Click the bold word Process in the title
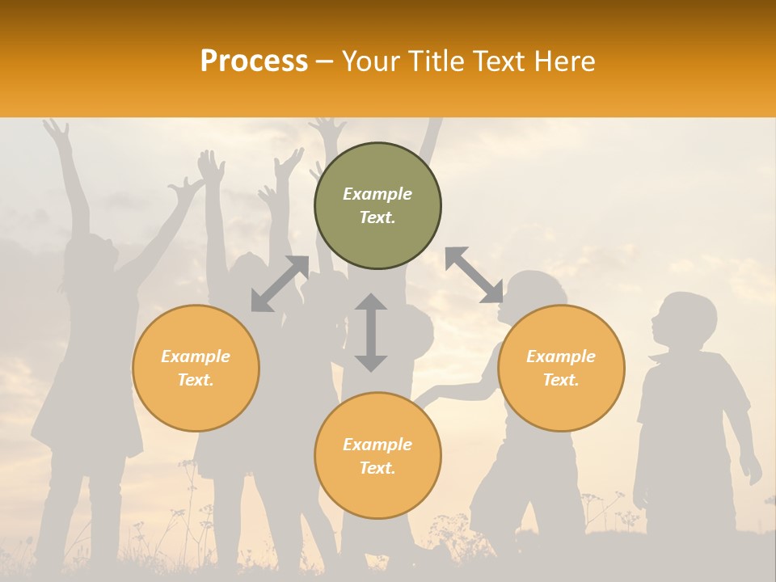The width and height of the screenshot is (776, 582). (254, 61)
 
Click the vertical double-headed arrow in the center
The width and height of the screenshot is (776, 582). (371, 332)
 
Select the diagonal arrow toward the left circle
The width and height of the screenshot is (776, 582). (280, 284)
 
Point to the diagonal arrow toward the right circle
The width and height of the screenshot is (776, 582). (474, 276)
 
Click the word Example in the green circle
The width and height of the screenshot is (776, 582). (377, 194)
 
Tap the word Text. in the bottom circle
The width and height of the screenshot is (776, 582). (377, 468)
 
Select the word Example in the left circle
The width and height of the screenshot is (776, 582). (196, 356)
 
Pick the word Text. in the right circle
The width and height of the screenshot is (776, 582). (561, 380)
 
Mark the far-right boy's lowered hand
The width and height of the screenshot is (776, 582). (752, 469)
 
